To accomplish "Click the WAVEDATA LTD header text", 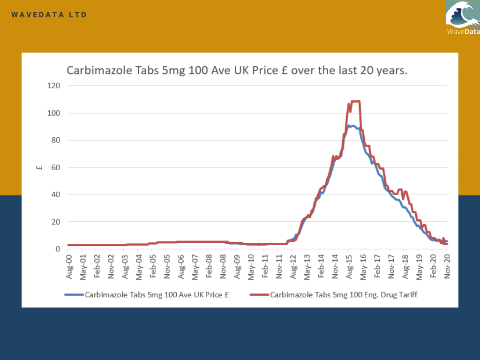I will pos(49,15).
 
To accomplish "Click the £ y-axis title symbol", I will pos(40,167).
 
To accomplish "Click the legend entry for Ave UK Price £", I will pos(159,295).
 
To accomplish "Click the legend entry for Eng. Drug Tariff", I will pos(344,295).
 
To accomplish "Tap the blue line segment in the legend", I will pos(74,295).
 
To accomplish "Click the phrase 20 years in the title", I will pos(383,71).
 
